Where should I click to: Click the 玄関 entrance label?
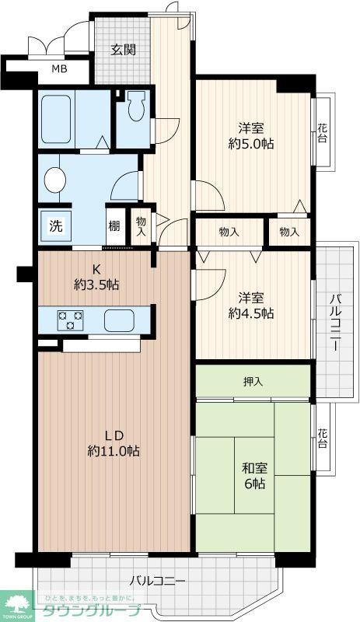[x=123, y=50]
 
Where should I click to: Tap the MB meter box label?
[x=60, y=69]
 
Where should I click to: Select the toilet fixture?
[x=138, y=106]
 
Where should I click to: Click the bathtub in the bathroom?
[x=56, y=119]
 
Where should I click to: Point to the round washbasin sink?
[x=55, y=180]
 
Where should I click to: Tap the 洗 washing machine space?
[x=55, y=225]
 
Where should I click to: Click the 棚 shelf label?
[x=114, y=226]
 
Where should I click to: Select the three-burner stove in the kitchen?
[x=70, y=320]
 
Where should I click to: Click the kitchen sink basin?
[x=119, y=320]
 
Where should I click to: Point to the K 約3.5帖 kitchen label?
[x=96, y=277]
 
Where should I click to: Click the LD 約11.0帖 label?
[x=114, y=442]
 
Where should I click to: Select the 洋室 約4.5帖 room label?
[x=251, y=306]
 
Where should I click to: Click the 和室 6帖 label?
[x=254, y=476]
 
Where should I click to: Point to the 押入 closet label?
[x=253, y=382]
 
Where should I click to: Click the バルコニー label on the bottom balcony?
[x=158, y=581]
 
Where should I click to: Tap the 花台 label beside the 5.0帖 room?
[x=323, y=133]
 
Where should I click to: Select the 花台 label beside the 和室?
[x=323, y=439]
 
